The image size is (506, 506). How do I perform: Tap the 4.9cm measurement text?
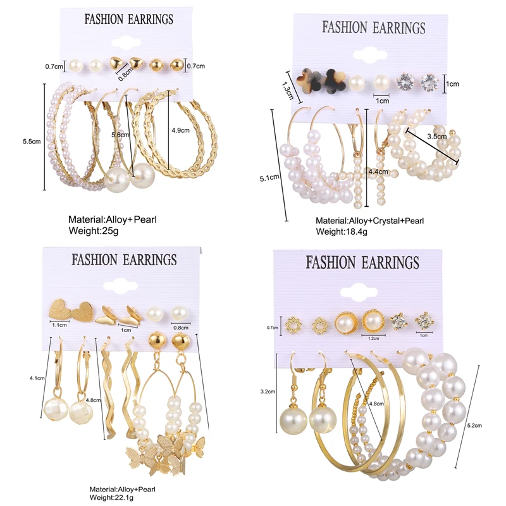click(x=181, y=131)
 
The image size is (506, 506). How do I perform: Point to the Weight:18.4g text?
click(x=342, y=232)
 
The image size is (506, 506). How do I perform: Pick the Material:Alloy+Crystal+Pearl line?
click(x=369, y=221)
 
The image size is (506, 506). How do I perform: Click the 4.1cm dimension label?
click(x=37, y=378)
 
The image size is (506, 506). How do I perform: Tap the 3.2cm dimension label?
click(x=267, y=392)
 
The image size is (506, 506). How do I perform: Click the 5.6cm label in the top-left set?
click(x=120, y=135)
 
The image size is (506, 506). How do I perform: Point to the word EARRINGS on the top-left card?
click(x=149, y=20)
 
